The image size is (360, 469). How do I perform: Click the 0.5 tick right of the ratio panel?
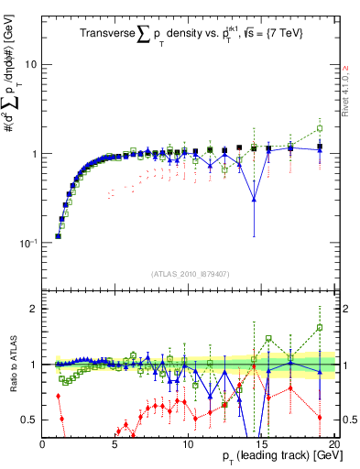pos(348,420)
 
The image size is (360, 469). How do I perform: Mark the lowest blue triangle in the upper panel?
pos(254,199)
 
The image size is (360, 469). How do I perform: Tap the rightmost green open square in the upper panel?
pos(320,128)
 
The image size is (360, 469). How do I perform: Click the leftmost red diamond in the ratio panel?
pos(58,396)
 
